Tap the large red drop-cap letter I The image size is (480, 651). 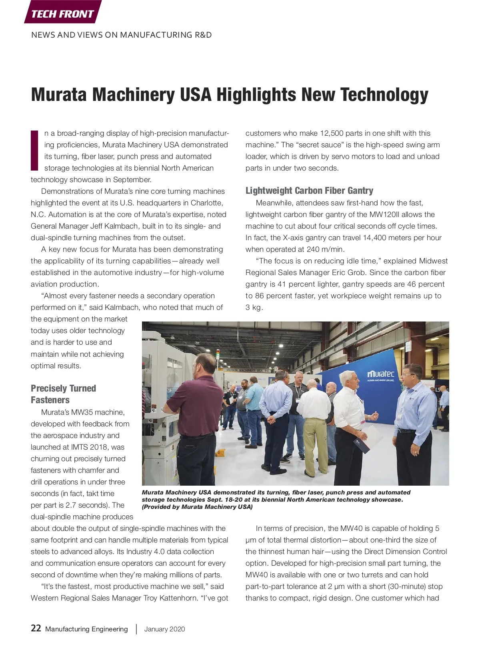[35, 150]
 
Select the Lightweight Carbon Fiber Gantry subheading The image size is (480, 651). [309, 191]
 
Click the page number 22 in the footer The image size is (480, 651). [36, 628]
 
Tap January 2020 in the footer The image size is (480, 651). [164, 629]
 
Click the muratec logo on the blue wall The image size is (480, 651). [380, 374]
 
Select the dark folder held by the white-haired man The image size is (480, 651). [362, 445]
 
